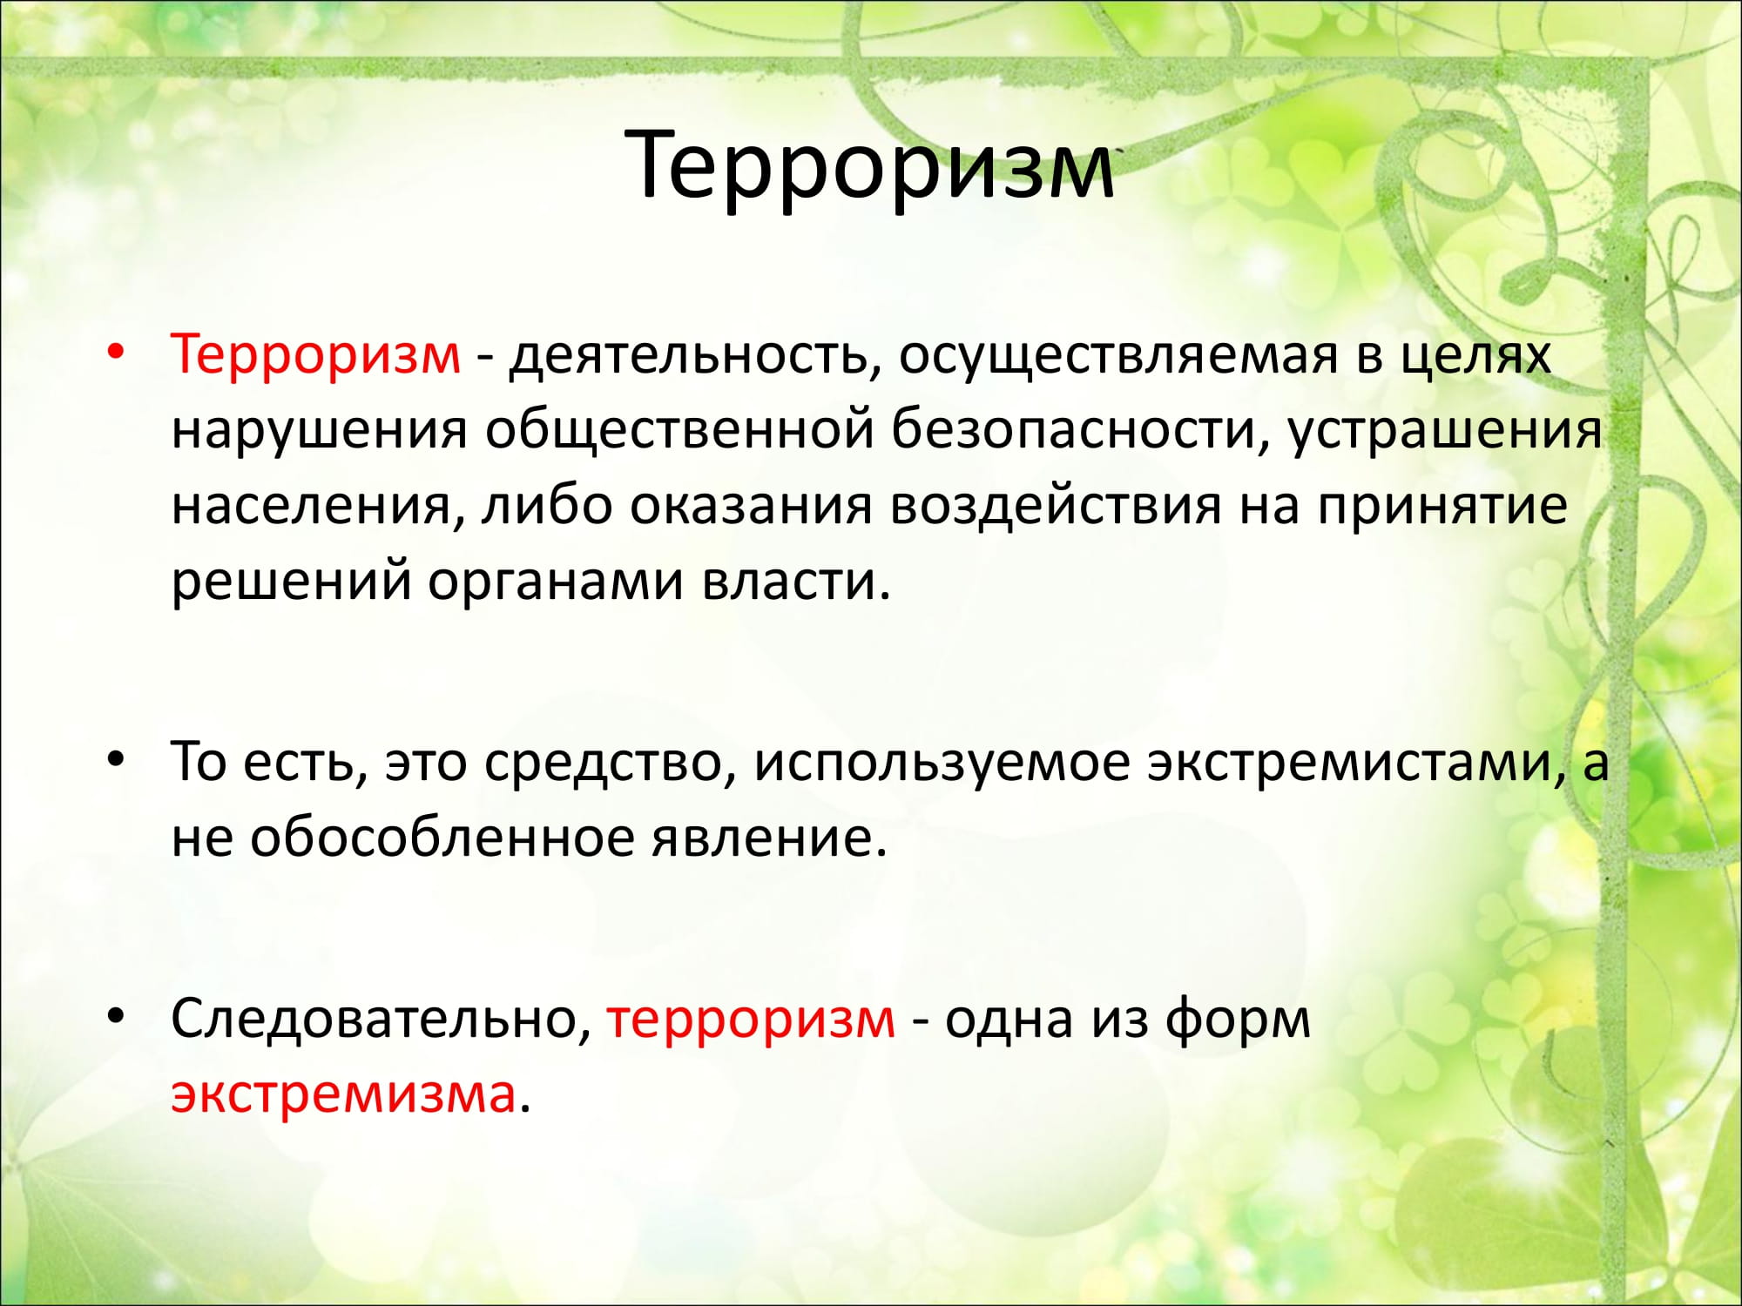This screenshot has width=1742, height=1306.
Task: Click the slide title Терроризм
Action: click(x=869, y=165)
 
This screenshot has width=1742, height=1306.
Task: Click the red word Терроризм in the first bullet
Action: click(x=315, y=354)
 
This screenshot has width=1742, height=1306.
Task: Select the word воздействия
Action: click(x=1055, y=506)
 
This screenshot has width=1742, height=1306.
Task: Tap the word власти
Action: click(x=797, y=581)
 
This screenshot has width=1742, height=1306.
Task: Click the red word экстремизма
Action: click(x=343, y=1094)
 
